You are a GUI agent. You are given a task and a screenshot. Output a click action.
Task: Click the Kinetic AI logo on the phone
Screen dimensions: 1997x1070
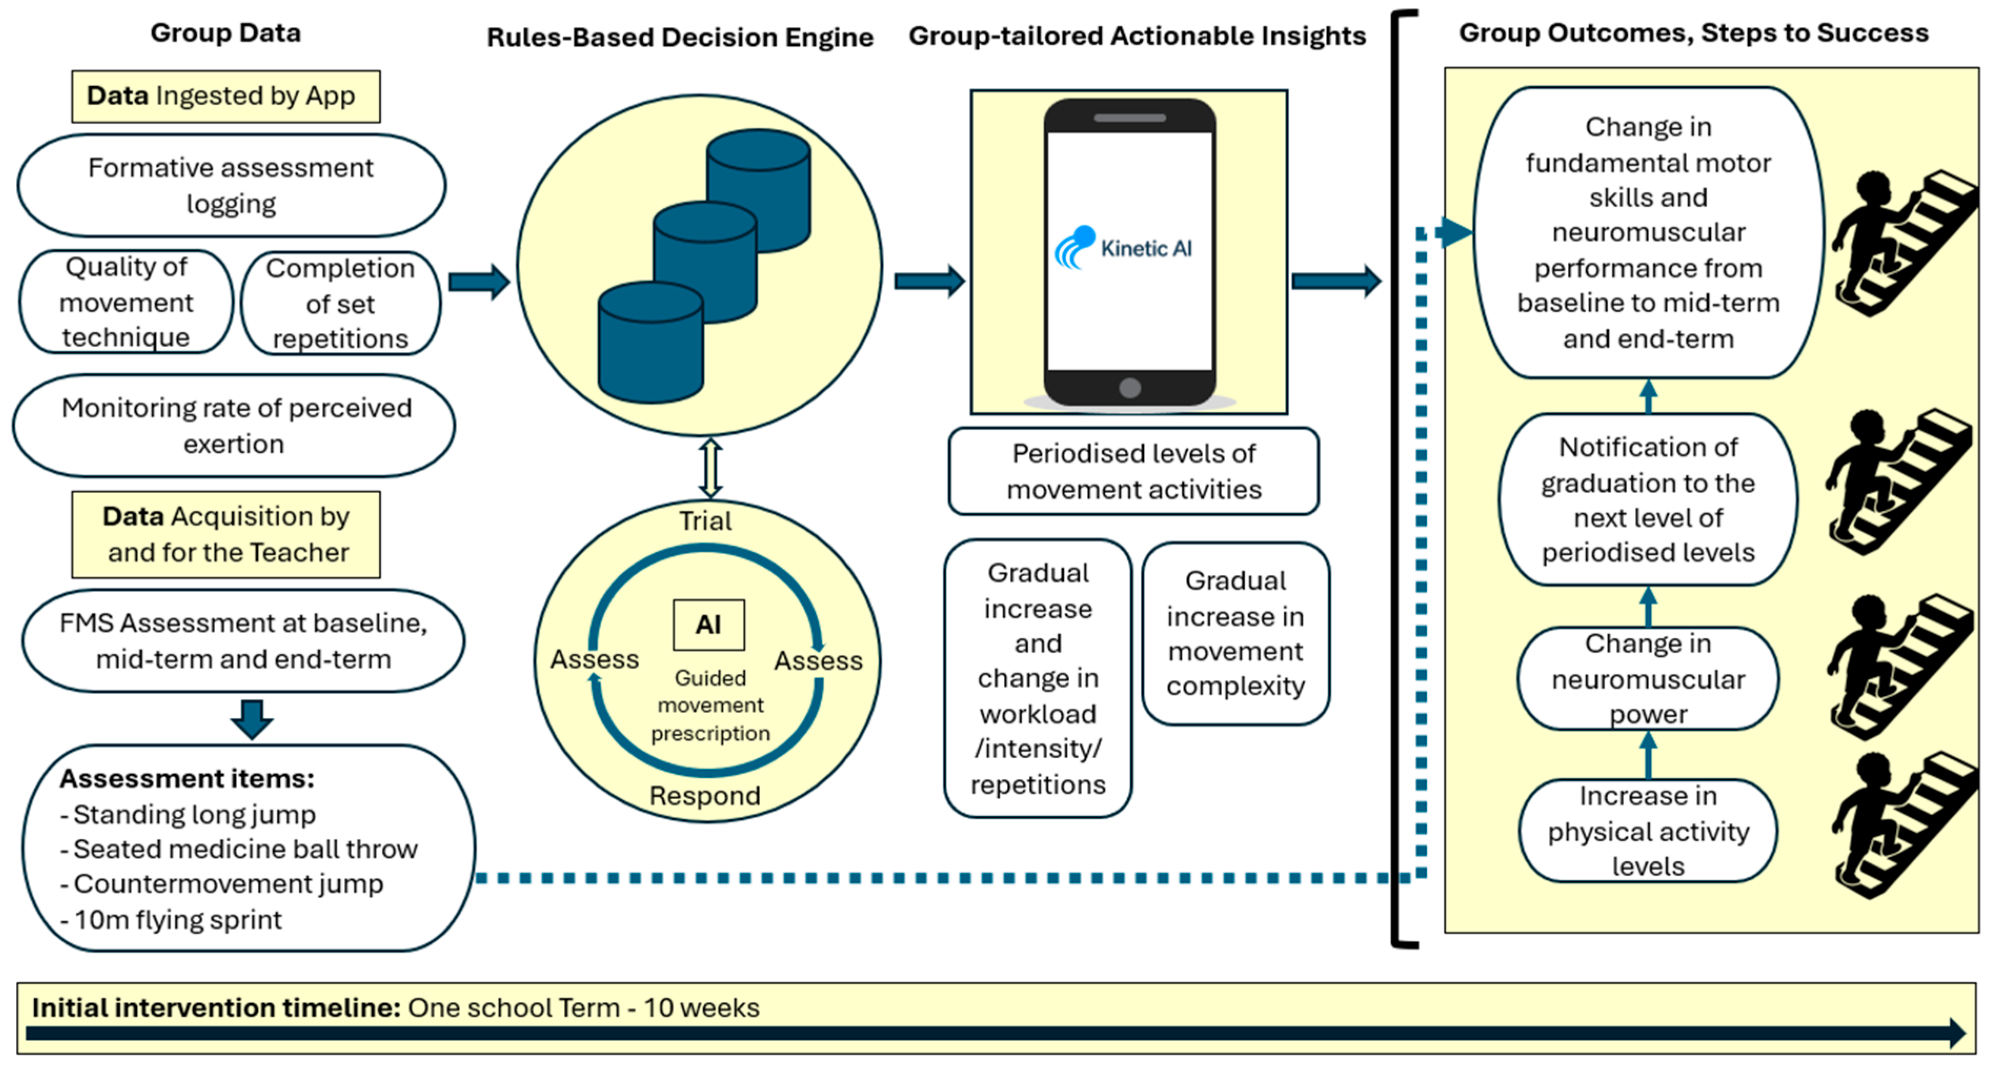click(1123, 248)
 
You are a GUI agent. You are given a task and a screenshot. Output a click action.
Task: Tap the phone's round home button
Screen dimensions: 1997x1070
click(1130, 388)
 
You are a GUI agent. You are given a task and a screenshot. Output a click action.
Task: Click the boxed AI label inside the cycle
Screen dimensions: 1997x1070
click(708, 625)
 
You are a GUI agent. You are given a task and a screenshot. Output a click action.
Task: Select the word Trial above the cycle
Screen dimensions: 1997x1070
click(705, 521)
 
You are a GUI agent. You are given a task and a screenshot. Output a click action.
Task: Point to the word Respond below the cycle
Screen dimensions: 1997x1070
click(705, 796)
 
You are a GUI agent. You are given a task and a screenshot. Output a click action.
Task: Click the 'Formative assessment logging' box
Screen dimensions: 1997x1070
click(231, 185)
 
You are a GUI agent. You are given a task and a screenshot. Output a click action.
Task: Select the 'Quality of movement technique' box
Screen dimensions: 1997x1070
click(126, 302)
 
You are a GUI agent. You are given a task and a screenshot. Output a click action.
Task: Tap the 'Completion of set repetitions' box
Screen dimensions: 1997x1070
click(340, 303)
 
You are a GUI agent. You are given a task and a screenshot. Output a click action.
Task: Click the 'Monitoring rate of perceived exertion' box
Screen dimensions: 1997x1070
click(234, 425)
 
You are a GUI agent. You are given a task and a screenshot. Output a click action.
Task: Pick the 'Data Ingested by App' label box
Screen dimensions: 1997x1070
click(226, 96)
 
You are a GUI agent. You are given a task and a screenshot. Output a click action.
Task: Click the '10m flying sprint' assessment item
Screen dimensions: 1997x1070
click(171, 920)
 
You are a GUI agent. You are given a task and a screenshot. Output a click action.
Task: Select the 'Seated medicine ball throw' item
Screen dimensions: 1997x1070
click(239, 849)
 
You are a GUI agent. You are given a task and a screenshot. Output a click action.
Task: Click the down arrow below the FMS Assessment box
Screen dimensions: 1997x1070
click(252, 719)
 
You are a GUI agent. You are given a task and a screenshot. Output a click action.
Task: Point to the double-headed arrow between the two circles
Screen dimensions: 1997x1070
click(710, 468)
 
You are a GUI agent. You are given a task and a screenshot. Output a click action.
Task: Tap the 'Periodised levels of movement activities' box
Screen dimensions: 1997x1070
click(1133, 471)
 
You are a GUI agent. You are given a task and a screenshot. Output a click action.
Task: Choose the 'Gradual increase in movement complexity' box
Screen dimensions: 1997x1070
click(1236, 633)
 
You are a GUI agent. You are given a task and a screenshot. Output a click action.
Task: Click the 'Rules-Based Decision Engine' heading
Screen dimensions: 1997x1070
click(680, 37)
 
